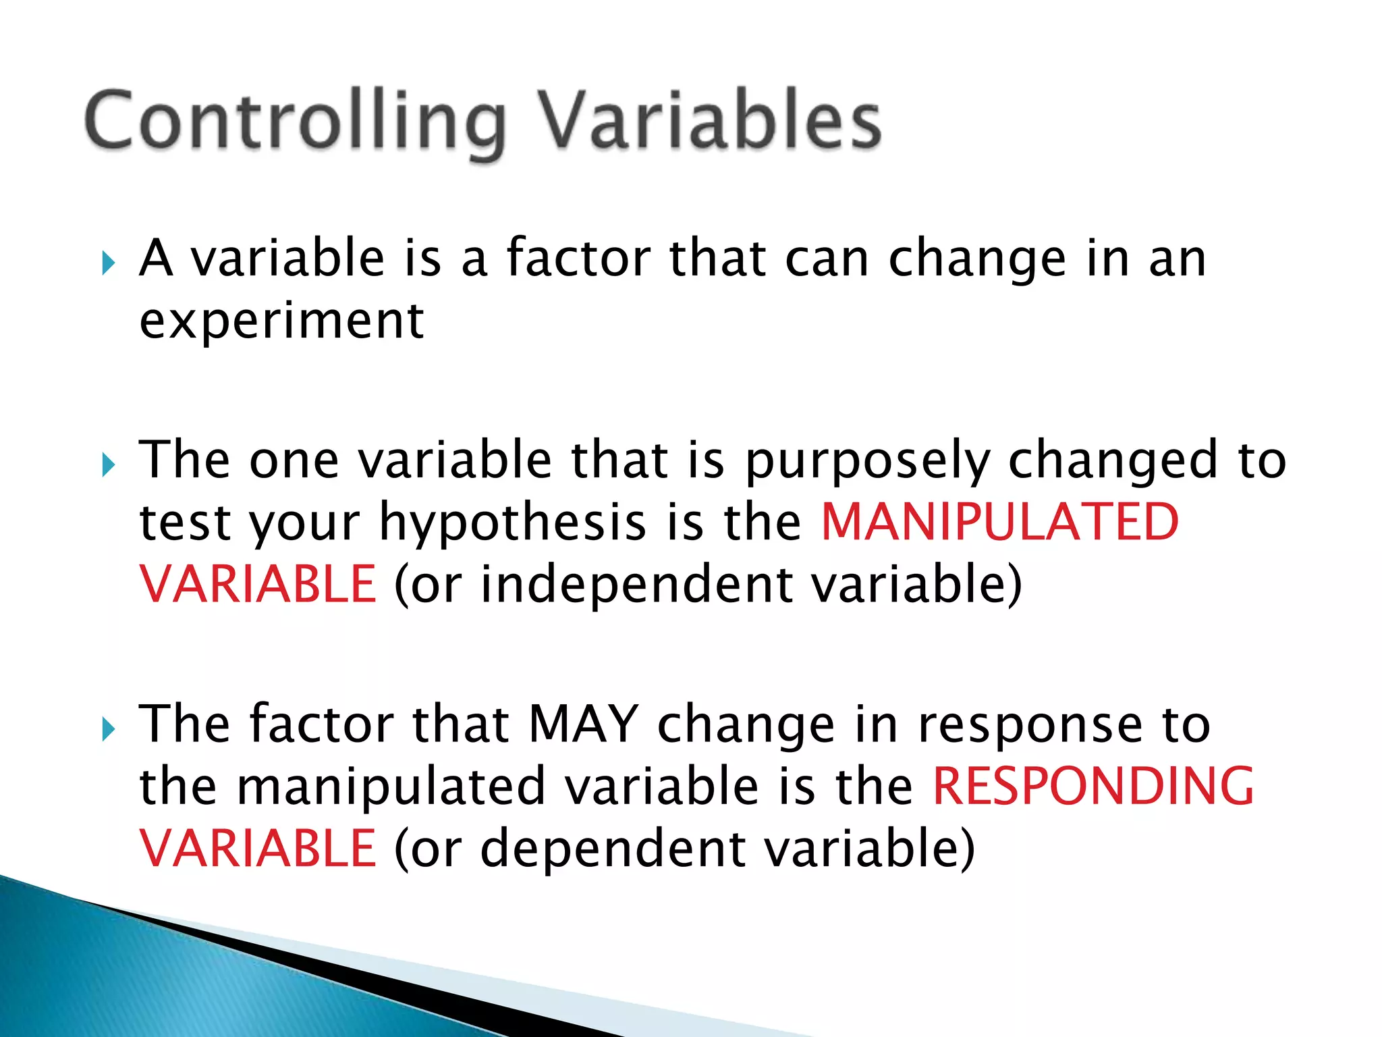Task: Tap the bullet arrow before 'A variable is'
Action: (108, 263)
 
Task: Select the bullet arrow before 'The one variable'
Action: (108, 464)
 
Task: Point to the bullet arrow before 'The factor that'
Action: (108, 728)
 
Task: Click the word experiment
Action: (281, 321)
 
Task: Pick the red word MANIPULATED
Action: (999, 523)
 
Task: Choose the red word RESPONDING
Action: (1093, 787)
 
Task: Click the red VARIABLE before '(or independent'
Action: (257, 584)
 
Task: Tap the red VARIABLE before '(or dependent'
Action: (257, 849)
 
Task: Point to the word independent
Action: (636, 584)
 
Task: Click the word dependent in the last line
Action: (613, 849)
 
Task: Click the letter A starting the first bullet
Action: (156, 258)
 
